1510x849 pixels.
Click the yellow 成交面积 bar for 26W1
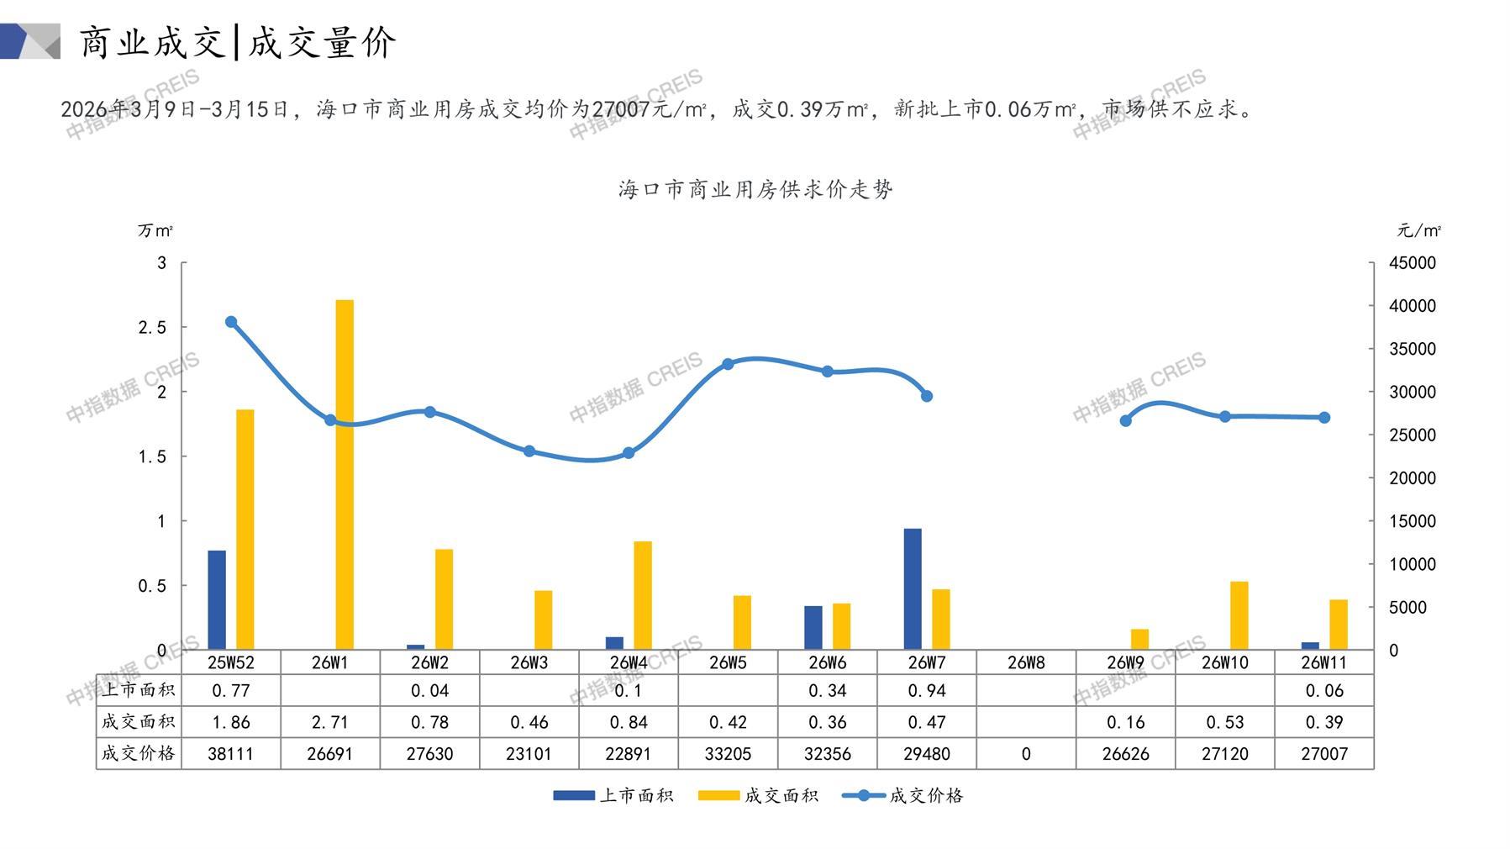click(345, 475)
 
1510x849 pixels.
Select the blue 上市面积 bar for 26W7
click(913, 589)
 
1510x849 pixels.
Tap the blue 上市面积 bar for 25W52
click(217, 600)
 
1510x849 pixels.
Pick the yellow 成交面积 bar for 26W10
click(1239, 615)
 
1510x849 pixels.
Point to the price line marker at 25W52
click(231, 322)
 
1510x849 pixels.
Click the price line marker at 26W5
click(728, 364)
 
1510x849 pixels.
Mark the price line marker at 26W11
click(1324, 418)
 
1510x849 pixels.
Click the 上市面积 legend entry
click(613, 795)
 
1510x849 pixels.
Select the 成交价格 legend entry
click(903, 795)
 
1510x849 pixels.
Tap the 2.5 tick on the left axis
click(152, 328)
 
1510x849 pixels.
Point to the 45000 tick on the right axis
click(1412, 263)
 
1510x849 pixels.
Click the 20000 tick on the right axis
click(1412, 478)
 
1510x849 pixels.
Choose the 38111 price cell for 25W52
click(230, 754)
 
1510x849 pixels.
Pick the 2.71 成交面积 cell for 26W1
click(329, 722)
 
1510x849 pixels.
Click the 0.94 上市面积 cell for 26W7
click(927, 691)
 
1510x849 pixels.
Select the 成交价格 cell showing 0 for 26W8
click(1026, 754)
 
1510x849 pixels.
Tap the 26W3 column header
click(529, 662)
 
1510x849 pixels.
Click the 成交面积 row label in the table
click(138, 722)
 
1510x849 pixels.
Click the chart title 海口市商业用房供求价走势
click(755, 189)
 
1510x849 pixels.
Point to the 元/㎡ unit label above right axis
click(1418, 230)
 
